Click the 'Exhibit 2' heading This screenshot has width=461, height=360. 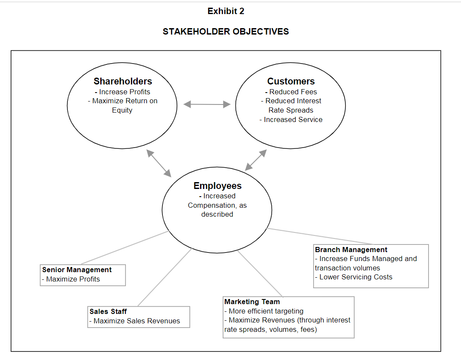click(x=226, y=12)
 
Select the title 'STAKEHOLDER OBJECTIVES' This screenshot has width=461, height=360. click(x=226, y=32)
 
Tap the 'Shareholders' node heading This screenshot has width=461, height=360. click(x=123, y=81)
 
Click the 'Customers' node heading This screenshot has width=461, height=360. click(x=291, y=81)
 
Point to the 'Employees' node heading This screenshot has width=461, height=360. click(x=217, y=186)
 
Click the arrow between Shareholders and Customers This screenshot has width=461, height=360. click(x=207, y=105)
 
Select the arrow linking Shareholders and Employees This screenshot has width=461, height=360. click(x=159, y=163)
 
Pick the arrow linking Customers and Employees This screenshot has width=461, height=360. click(x=256, y=160)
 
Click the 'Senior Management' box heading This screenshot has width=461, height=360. click(x=77, y=270)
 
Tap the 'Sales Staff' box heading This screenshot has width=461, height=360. click(x=108, y=311)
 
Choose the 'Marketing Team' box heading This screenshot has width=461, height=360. click(x=252, y=302)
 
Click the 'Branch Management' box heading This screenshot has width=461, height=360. click(x=351, y=250)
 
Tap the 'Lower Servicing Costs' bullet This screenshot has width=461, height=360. click(x=355, y=277)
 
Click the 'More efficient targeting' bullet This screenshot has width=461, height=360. click(x=266, y=311)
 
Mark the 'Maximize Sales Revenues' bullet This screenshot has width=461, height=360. click(x=136, y=321)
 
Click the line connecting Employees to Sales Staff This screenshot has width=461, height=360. click(x=165, y=277)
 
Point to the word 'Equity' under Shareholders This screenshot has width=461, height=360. click(x=122, y=110)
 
